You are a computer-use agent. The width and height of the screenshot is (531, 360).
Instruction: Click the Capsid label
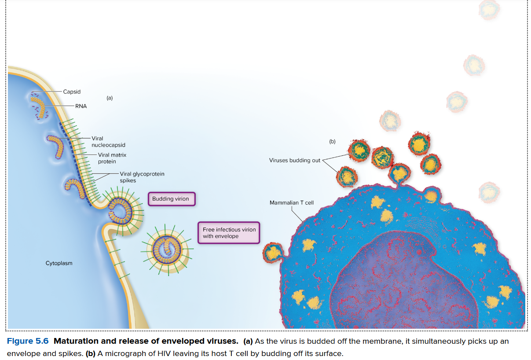pyautogui.click(x=72, y=92)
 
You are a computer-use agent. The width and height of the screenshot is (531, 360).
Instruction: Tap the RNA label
pyautogui.click(x=81, y=106)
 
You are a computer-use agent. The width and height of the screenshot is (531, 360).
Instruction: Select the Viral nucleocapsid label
pyautogui.click(x=108, y=141)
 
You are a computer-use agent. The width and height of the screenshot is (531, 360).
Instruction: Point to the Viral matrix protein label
pyautogui.click(x=112, y=158)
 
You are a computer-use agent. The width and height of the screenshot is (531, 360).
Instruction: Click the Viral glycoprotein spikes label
pyautogui.click(x=142, y=177)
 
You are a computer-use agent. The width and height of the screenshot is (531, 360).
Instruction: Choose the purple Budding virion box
pyautogui.click(x=171, y=199)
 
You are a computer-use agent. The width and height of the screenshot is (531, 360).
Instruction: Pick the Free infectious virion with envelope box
pyautogui.click(x=229, y=233)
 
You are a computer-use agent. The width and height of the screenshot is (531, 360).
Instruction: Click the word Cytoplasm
pyautogui.click(x=59, y=263)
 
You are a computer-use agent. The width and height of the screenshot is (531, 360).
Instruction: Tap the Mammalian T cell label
pyautogui.click(x=291, y=203)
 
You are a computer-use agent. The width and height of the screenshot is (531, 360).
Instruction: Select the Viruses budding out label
pyautogui.click(x=295, y=160)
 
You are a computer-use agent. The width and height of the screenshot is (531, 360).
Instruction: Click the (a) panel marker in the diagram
pyautogui.click(x=110, y=98)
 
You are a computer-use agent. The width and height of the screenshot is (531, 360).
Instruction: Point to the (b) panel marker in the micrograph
pyautogui.click(x=332, y=141)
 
